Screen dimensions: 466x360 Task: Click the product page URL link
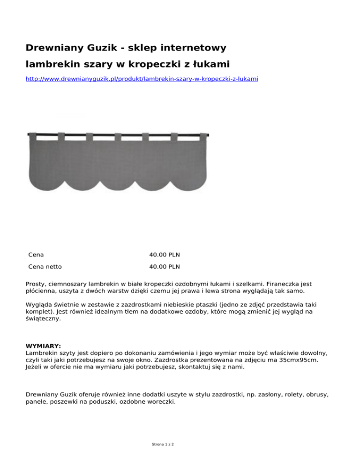click(x=142, y=79)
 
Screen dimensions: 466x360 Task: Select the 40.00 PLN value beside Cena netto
click(x=165, y=267)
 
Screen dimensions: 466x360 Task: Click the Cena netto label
click(x=45, y=267)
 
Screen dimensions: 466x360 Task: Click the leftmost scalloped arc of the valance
click(x=48, y=180)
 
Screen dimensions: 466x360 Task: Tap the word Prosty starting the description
click(x=36, y=284)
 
